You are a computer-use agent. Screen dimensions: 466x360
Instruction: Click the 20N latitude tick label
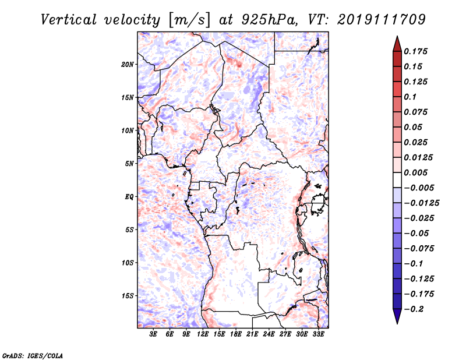click(x=128, y=65)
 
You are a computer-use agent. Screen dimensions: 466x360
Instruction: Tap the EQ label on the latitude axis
click(x=129, y=197)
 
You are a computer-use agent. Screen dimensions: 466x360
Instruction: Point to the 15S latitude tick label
click(x=128, y=296)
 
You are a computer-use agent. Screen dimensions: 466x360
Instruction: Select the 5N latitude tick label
click(x=129, y=164)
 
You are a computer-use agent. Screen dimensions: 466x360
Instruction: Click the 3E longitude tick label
click(x=153, y=334)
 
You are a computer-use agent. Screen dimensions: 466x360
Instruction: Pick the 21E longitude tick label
click(x=252, y=334)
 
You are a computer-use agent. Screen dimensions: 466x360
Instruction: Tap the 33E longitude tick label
click(x=318, y=334)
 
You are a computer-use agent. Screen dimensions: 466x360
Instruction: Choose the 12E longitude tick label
click(x=203, y=334)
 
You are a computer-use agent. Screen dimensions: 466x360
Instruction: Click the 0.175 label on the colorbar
click(x=415, y=51)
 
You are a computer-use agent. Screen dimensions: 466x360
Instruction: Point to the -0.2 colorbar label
click(x=414, y=309)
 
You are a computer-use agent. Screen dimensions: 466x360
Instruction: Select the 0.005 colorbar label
click(x=415, y=172)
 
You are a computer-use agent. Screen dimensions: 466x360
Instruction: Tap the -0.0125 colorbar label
click(x=421, y=203)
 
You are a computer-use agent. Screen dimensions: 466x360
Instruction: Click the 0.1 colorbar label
click(x=410, y=97)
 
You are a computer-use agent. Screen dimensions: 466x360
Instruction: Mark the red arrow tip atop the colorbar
click(x=397, y=36)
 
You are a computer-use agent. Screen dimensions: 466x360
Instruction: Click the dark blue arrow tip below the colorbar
click(x=397, y=323)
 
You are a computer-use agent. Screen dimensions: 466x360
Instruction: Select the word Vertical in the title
click(x=69, y=20)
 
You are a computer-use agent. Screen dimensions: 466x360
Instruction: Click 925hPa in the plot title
click(x=269, y=20)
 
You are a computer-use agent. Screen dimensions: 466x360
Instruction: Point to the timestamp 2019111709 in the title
click(x=382, y=20)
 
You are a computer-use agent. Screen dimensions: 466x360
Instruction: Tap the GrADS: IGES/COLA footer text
click(x=33, y=355)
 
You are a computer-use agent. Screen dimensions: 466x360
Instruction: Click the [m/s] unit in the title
click(x=189, y=20)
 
